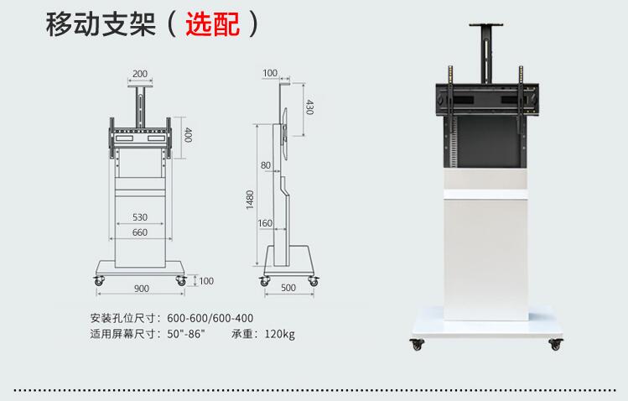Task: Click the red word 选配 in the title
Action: [x=213, y=24]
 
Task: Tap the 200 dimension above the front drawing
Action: [x=140, y=74]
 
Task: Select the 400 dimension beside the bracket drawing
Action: [x=188, y=135]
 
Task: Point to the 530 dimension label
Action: [x=140, y=217]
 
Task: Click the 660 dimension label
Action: [x=140, y=232]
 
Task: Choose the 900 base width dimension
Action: [x=142, y=289]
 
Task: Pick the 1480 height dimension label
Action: [x=250, y=200]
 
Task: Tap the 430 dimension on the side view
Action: [x=309, y=107]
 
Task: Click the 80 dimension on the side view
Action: [x=266, y=165]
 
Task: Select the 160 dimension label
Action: [x=265, y=223]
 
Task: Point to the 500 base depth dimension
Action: [x=288, y=288]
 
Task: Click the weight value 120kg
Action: [x=279, y=334]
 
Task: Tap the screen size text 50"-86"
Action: [x=186, y=333]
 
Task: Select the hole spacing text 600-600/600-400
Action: [x=210, y=318]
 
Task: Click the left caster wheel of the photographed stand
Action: [x=417, y=344]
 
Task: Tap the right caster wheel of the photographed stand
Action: [x=556, y=344]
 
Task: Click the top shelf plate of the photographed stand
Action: [x=486, y=25]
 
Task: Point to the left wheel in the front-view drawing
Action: [x=99, y=280]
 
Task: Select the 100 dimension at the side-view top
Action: [x=270, y=73]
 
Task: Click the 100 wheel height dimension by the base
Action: [x=206, y=281]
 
